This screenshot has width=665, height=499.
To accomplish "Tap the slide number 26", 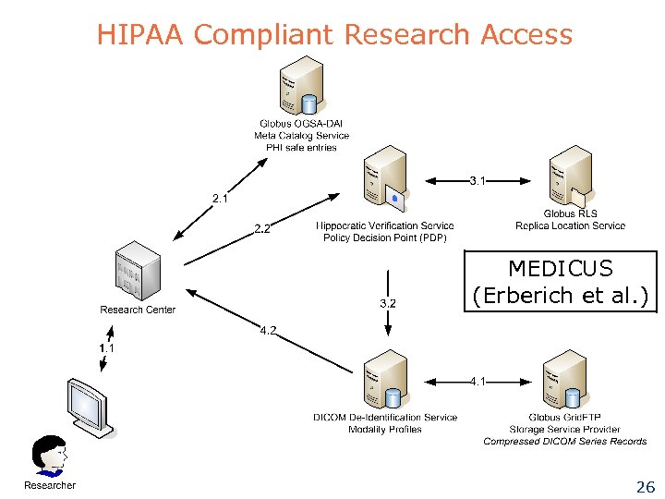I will click(645, 487).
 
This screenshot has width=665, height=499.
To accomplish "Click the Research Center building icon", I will click(137, 272).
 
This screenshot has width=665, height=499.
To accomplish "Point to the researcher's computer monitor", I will click(90, 406).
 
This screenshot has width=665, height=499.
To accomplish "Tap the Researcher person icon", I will click(49, 457).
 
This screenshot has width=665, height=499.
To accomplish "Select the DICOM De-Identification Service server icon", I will click(384, 379).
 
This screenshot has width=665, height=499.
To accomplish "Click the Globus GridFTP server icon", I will click(563, 379).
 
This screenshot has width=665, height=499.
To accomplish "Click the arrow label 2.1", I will click(220, 198).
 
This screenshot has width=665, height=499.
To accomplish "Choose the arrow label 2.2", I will click(262, 230).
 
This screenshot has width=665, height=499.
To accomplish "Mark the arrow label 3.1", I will click(478, 180).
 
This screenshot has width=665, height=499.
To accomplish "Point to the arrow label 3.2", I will click(388, 302).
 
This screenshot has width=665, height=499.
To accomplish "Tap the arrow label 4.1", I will click(478, 381).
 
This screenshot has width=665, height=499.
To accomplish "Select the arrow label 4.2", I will click(268, 330).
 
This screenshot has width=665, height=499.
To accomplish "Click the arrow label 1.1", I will click(108, 347).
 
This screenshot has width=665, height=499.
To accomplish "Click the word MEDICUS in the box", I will click(560, 269).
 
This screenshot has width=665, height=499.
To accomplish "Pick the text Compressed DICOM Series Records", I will click(564, 442).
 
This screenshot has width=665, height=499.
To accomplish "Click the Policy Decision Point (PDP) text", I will click(384, 238).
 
